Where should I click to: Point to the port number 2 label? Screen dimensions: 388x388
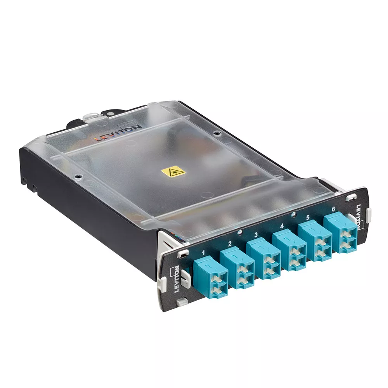pyautogui.click(x=230, y=244)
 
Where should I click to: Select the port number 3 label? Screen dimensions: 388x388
pyautogui.click(x=256, y=234)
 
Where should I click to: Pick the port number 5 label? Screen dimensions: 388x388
pyautogui.click(x=308, y=218)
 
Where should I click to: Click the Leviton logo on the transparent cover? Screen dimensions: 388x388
pyautogui.click(x=120, y=133)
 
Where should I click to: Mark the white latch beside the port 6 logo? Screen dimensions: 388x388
pyautogui.click(x=369, y=212)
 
